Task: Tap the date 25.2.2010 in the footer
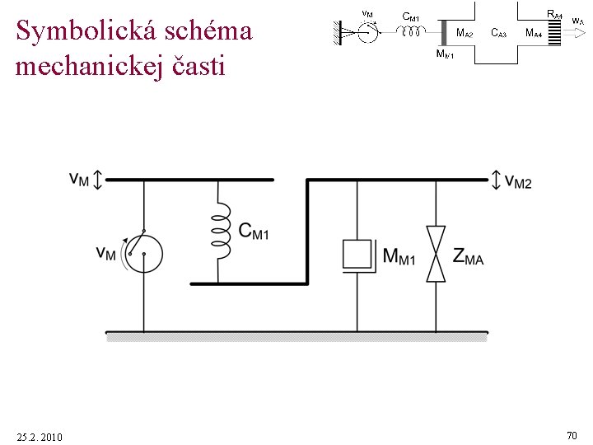coord(39,436)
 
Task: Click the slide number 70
coord(572,434)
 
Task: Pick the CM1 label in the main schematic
coord(253,232)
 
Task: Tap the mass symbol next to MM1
coord(357,255)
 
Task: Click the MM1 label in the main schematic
coord(399,257)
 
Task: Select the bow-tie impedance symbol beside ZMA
coord(436,255)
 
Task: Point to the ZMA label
coord(468,256)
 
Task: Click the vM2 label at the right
coord(518,180)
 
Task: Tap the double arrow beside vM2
coord(496,179)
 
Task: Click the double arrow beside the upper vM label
coord(97,179)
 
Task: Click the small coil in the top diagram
coord(410,31)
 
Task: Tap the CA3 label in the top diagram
coord(498,33)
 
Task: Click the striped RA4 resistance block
coord(554,33)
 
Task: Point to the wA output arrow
coord(577,34)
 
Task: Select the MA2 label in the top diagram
coord(465,33)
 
